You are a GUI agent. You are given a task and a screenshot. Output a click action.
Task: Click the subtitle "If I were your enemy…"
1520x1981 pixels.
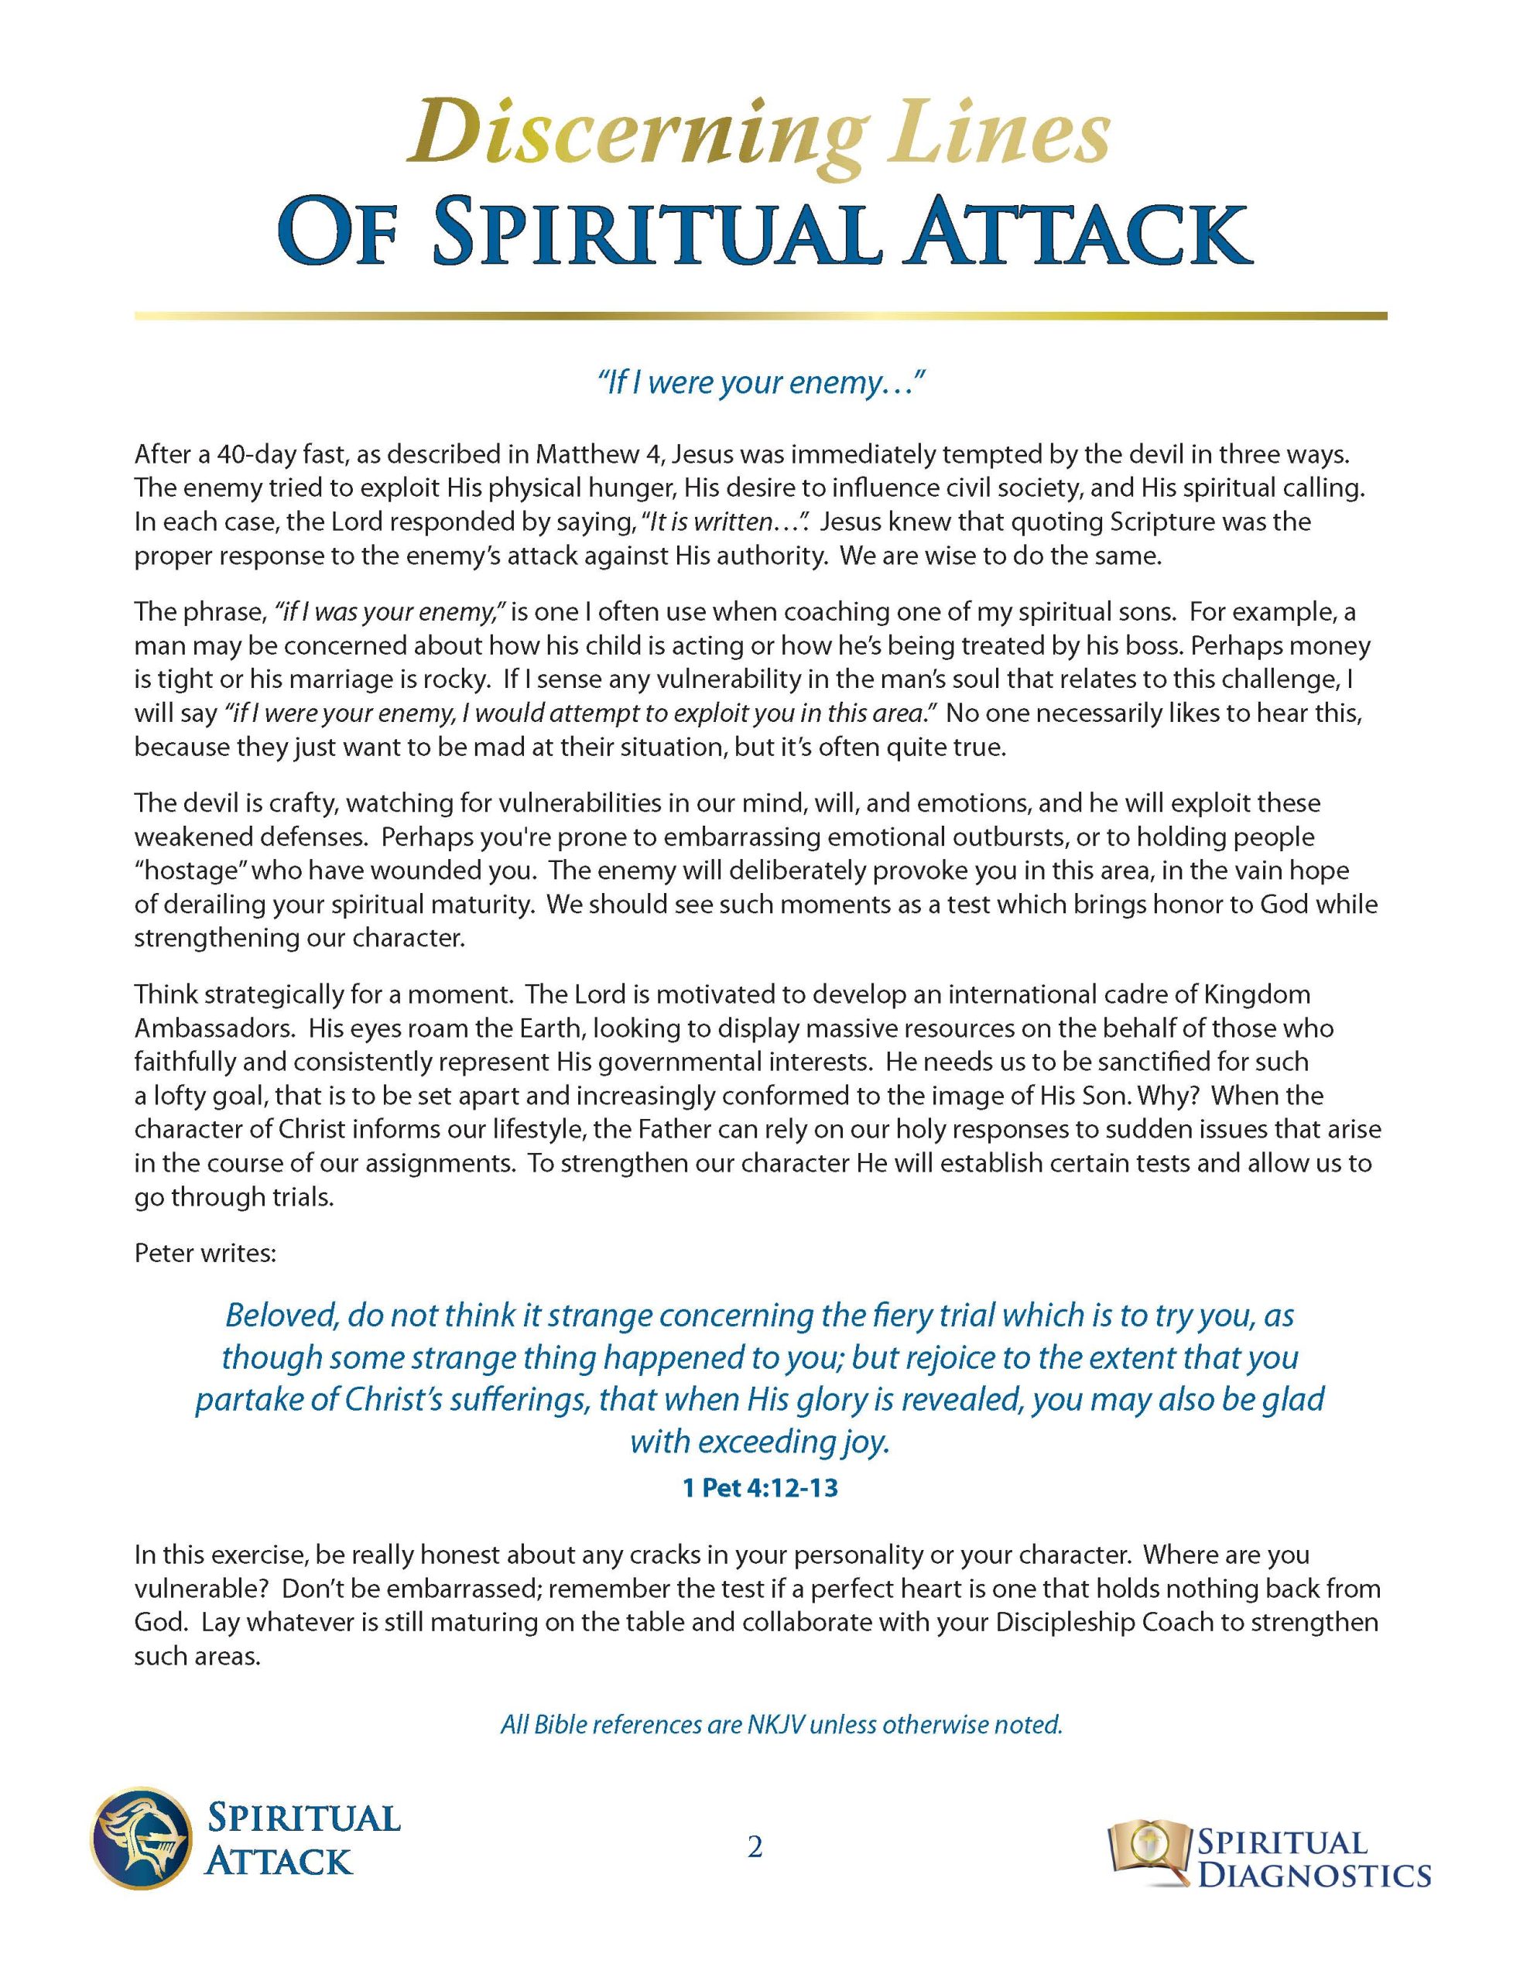click(x=760, y=384)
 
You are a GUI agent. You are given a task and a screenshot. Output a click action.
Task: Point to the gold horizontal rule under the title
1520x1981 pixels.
click(x=760, y=316)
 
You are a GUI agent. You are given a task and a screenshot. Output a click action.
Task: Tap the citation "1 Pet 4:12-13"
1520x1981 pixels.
click(x=760, y=1487)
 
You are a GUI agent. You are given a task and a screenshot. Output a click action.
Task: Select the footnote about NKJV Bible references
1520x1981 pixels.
click(x=781, y=1724)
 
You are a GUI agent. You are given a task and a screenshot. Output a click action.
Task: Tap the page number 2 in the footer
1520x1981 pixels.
click(x=755, y=1846)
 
